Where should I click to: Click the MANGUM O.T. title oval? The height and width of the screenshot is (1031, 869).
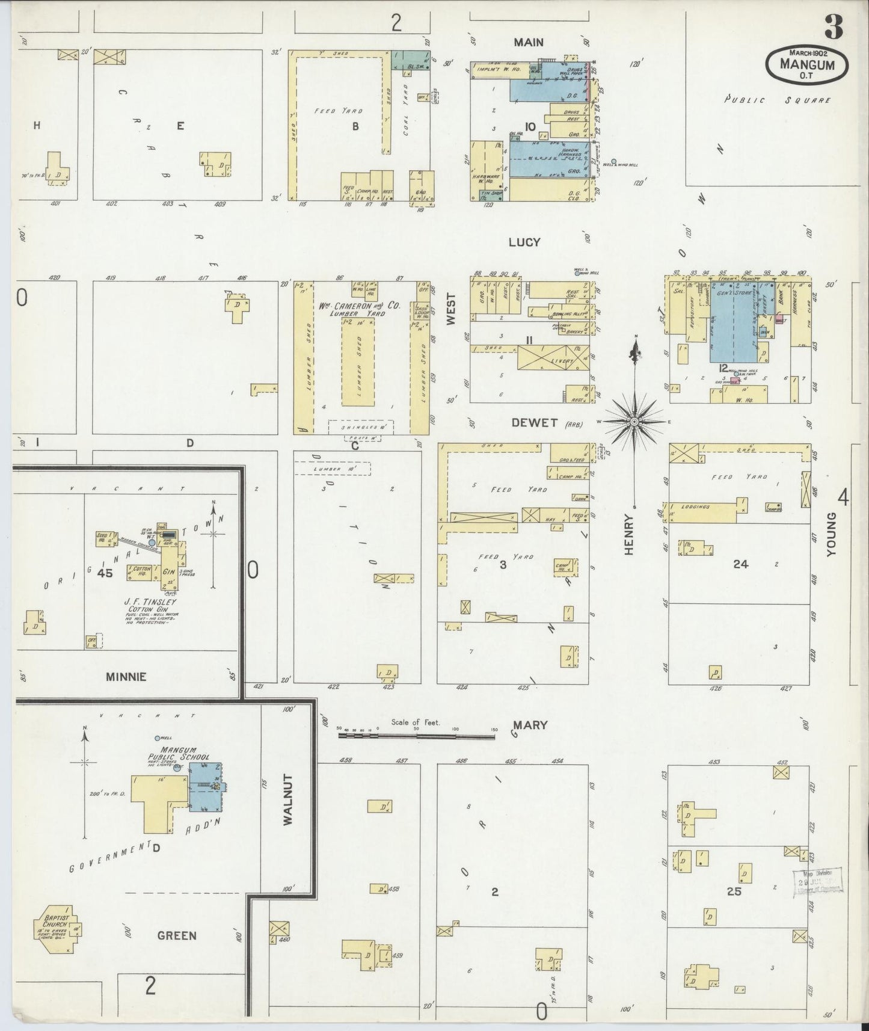point(807,64)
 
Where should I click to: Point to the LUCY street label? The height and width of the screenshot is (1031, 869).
point(524,242)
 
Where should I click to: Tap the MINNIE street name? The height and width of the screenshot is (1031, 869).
point(126,677)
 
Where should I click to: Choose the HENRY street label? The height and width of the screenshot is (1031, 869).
point(629,534)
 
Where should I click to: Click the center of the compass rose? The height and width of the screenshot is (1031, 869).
point(634,423)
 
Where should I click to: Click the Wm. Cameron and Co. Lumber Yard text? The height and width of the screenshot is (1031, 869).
point(360,309)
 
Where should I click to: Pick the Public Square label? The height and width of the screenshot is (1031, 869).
point(777,100)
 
